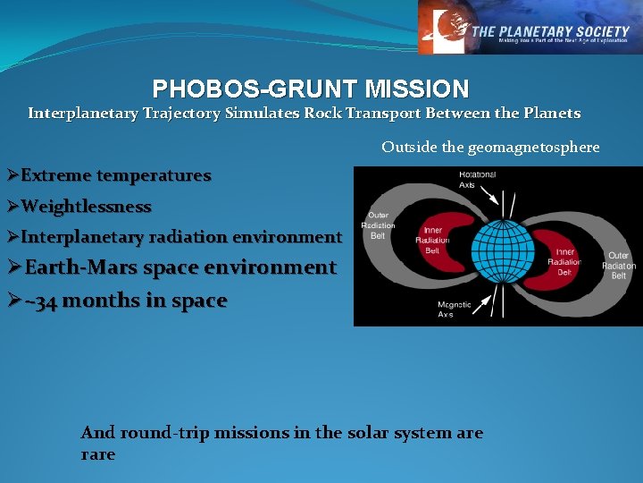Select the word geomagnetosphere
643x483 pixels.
pos(533,147)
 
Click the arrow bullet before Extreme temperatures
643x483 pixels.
pos(12,176)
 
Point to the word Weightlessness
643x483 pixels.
pos(86,207)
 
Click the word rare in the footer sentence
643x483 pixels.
pos(97,454)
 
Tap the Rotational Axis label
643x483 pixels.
pos(477,179)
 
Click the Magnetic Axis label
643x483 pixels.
pos(454,309)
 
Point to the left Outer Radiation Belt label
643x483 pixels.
pos(378,225)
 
